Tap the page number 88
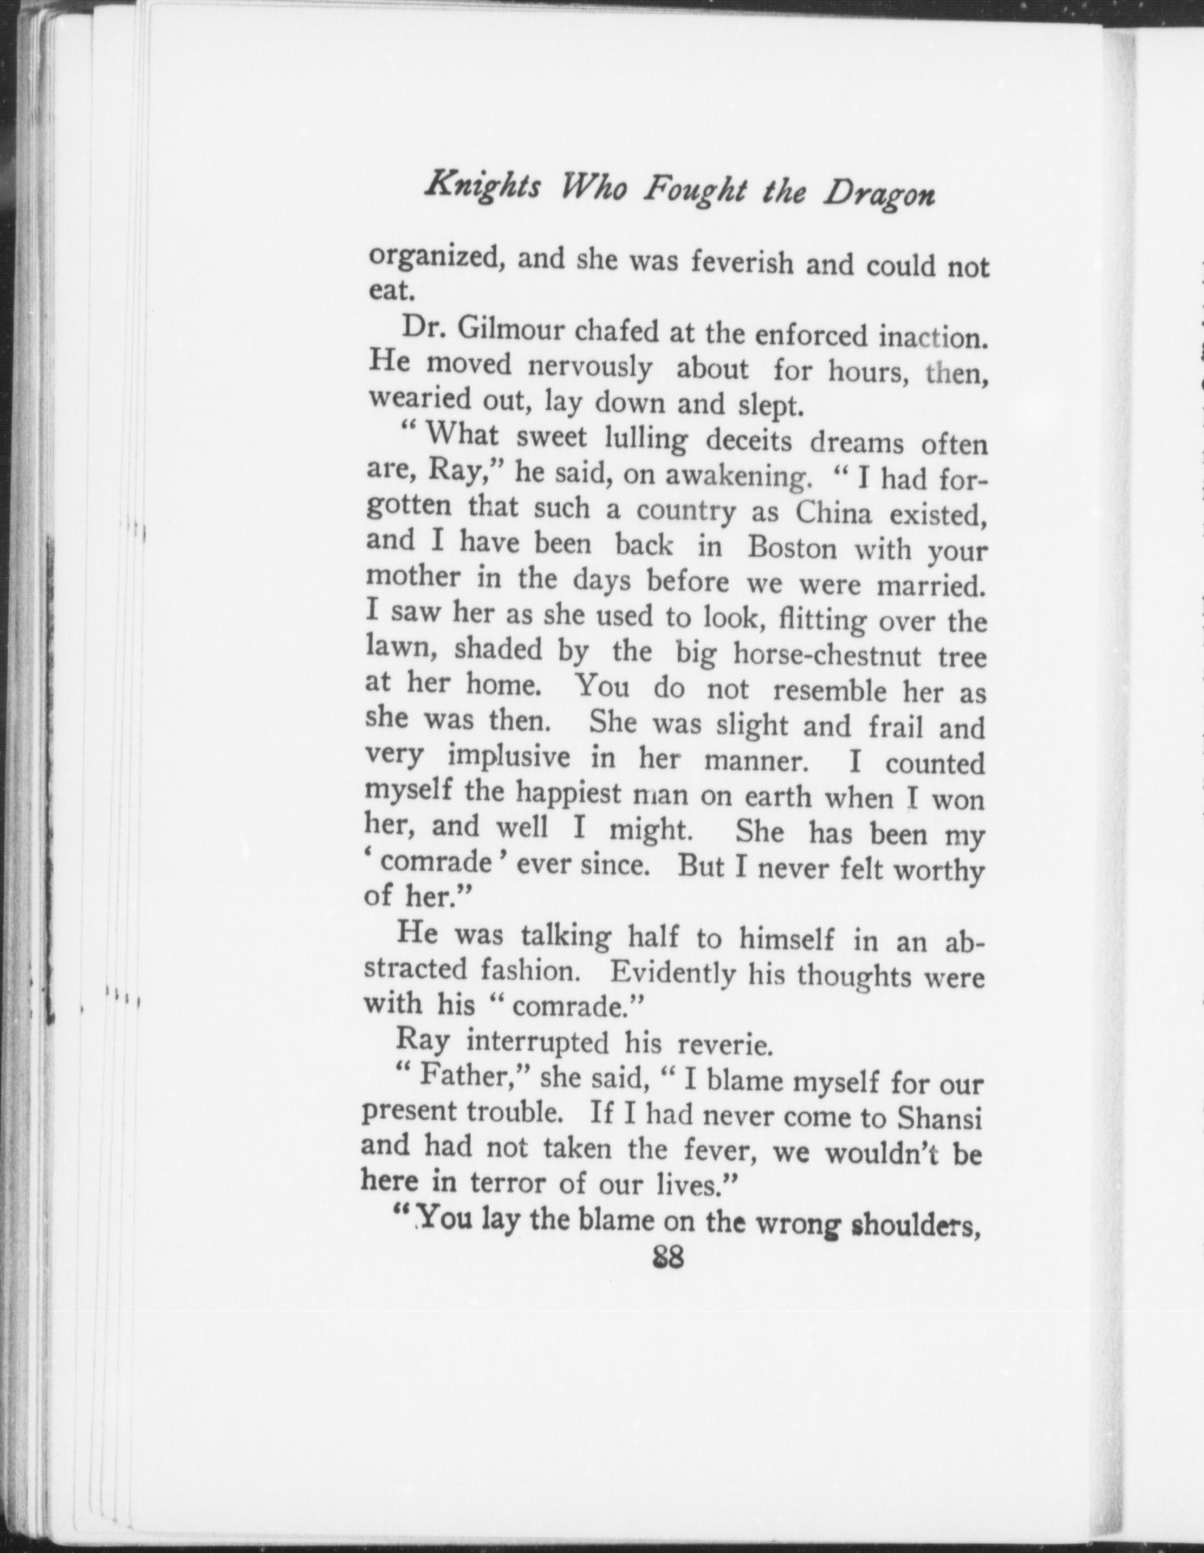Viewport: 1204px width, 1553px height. point(668,1259)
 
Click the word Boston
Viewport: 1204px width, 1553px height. point(793,548)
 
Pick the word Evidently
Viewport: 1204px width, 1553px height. point(673,972)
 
